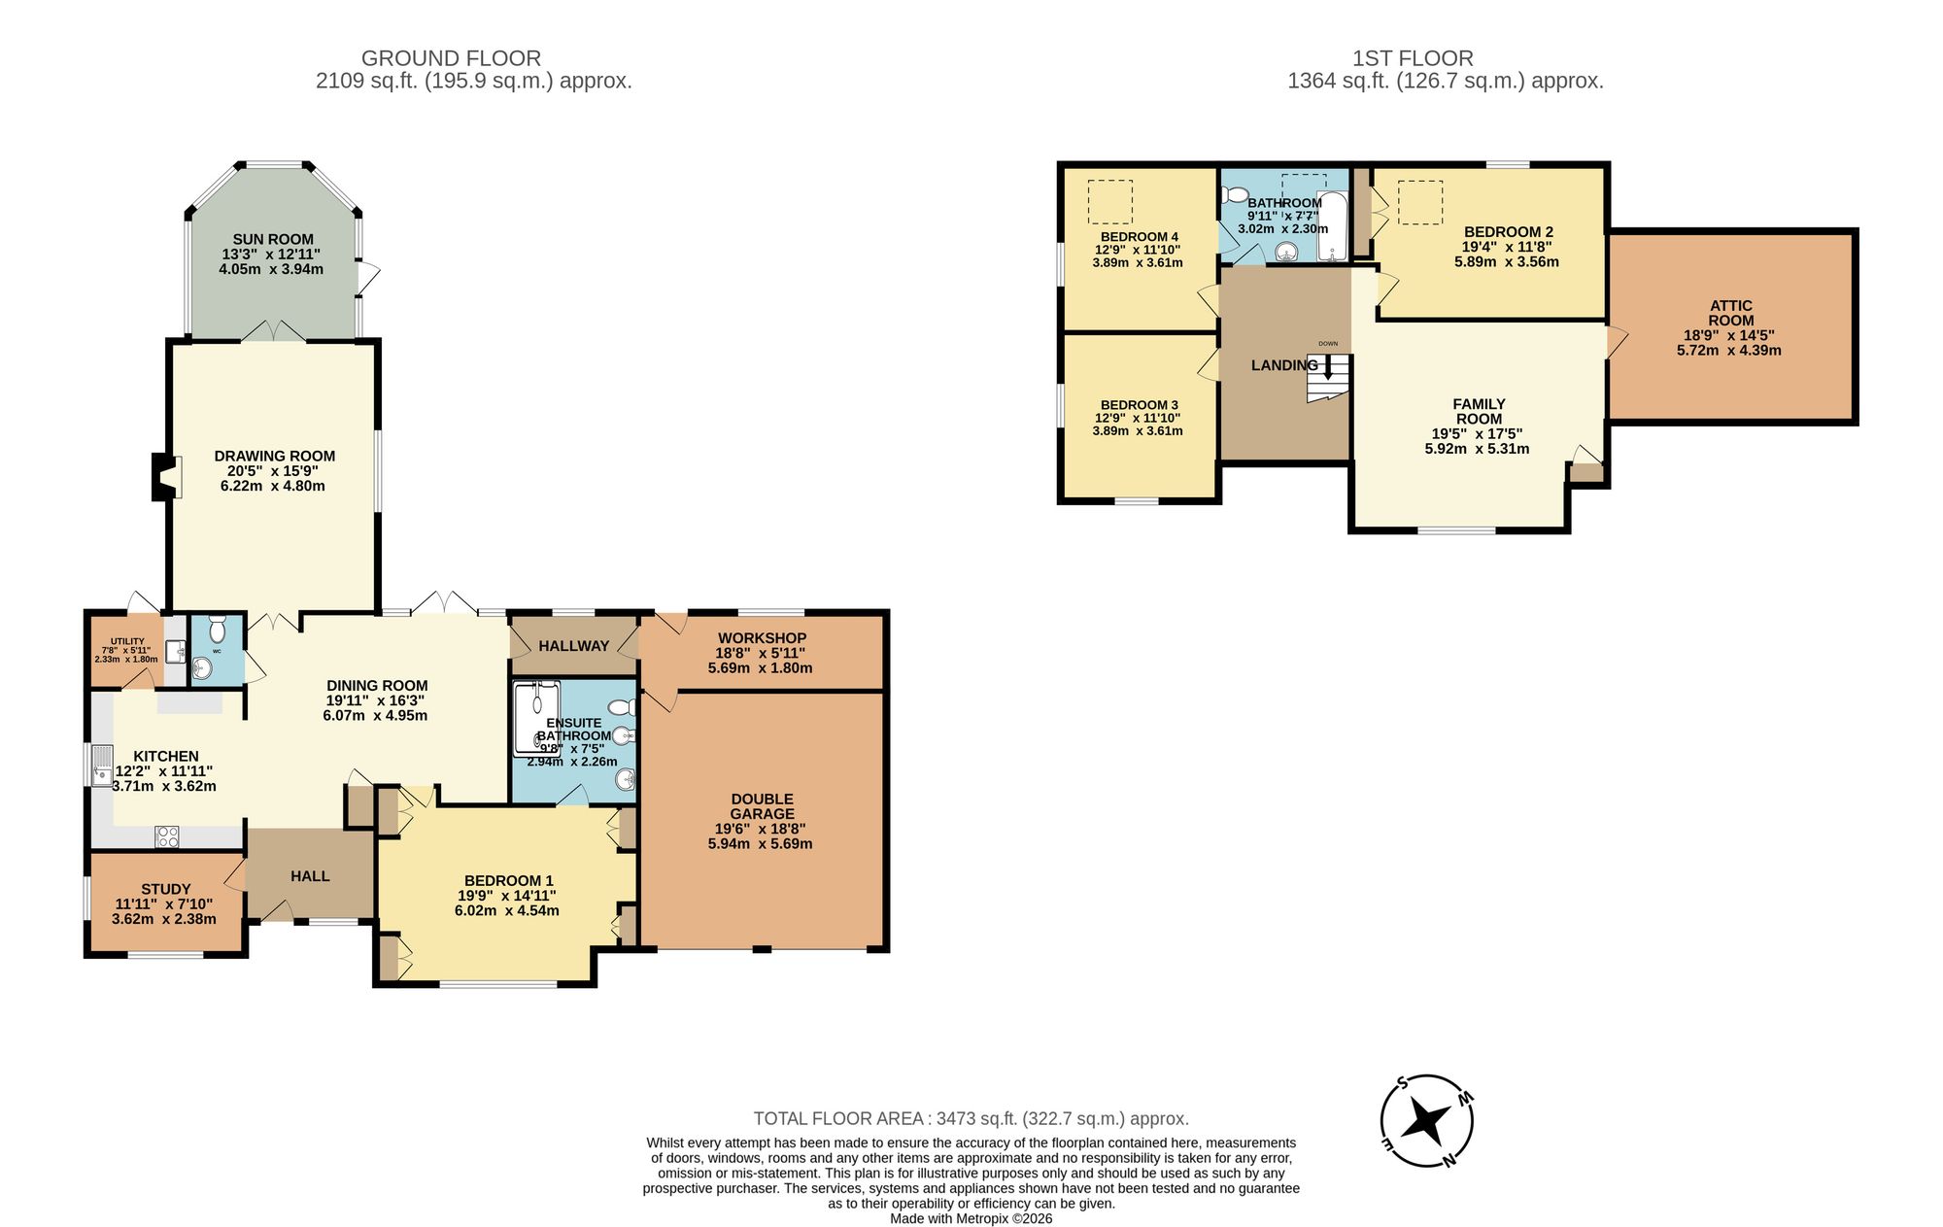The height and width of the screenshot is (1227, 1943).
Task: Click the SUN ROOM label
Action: (273, 239)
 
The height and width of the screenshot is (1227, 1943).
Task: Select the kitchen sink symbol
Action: (101, 764)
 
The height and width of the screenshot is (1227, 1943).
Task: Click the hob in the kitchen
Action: (167, 835)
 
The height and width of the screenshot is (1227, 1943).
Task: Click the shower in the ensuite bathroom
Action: (536, 719)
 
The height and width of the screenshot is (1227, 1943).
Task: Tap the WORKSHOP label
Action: (762, 638)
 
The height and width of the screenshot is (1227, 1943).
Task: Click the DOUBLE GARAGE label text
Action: (762, 806)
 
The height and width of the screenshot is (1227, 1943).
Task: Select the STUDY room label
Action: (165, 889)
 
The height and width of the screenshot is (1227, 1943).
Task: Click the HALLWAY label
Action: (573, 646)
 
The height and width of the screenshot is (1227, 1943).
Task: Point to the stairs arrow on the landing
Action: (1328, 368)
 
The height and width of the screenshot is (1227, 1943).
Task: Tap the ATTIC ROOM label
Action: (1730, 313)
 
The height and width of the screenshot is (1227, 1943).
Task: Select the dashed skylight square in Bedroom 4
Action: (1109, 202)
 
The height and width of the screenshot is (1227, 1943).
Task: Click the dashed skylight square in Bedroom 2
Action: (1419, 202)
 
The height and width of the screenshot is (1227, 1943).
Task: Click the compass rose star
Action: (1427, 1121)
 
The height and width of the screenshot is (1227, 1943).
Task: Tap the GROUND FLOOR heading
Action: (451, 58)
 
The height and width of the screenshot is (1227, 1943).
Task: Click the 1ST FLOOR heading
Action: (1413, 58)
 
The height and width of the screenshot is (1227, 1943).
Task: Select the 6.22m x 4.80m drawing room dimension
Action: (273, 486)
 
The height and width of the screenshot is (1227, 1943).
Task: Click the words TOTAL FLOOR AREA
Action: (837, 1119)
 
